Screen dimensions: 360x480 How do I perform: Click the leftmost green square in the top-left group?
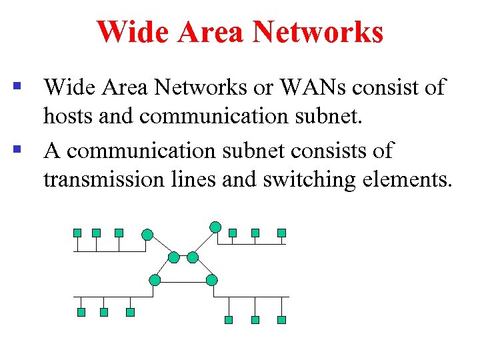pyautogui.click(x=77, y=233)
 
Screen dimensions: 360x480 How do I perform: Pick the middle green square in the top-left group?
pyautogui.click(x=97, y=233)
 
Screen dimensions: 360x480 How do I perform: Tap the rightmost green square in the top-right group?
pyautogui.click(x=281, y=233)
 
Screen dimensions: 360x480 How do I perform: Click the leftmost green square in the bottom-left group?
pyautogui.click(x=81, y=312)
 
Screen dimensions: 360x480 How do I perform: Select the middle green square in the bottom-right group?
pyautogui.click(x=255, y=320)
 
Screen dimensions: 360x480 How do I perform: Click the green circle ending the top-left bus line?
pyautogui.click(x=147, y=235)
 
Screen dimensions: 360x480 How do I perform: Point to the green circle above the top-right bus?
pyautogui.click(x=215, y=227)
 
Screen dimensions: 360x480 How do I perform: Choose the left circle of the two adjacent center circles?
pyautogui.click(x=174, y=257)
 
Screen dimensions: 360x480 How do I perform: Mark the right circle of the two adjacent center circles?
pyautogui.click(x=193, y=257)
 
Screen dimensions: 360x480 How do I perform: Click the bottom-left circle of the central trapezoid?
pyautogui.click(x=155, y=280)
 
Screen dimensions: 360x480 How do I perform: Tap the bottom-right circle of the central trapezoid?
pyautogui.click(x=212, y=280)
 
